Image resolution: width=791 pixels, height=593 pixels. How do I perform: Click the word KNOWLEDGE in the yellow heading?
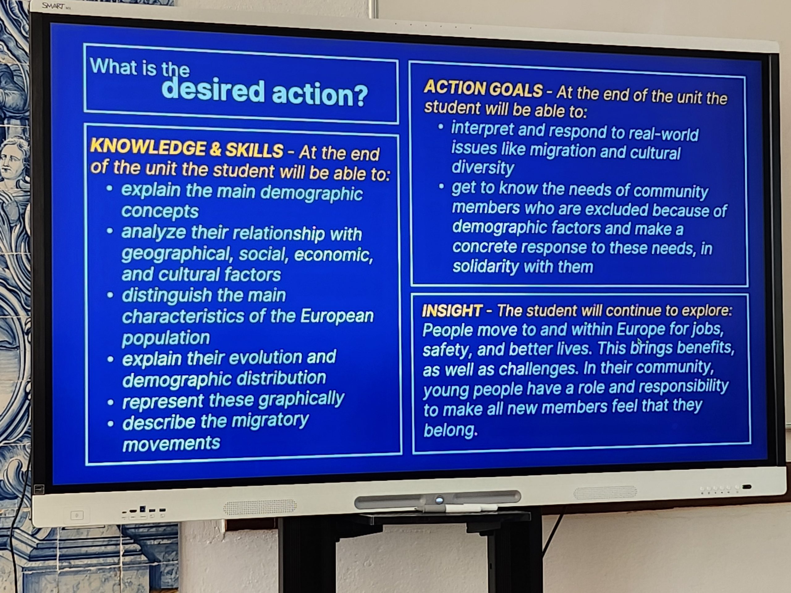pos(148,147)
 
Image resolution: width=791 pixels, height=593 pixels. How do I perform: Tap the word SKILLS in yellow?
pos(254,150)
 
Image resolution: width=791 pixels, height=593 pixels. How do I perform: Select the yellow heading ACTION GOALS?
pos(483,88)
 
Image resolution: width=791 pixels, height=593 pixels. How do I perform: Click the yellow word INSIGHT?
pos(452,311)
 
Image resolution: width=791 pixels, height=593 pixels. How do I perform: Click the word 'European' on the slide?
pos(337,315)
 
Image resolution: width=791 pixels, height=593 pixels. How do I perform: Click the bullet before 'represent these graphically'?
pos(111,402)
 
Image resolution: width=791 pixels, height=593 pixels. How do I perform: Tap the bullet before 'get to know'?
pos(442,186)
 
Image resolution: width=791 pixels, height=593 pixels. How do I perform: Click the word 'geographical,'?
pos(175,254)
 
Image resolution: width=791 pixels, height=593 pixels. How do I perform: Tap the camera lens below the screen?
pos(439,499)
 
